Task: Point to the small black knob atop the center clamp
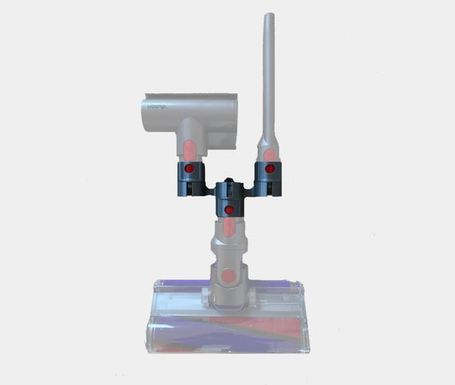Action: [229, 182]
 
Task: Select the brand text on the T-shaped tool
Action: [155, 108]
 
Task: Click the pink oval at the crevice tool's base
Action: [270, 154]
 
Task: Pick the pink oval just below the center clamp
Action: [230, 228]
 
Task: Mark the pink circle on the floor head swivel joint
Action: [229, 276]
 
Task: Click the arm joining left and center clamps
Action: [207, 185]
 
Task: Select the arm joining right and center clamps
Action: [249, 185]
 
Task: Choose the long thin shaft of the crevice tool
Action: [269, 77]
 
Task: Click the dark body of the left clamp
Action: [187, 181]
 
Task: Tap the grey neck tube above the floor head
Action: [229, 252]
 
